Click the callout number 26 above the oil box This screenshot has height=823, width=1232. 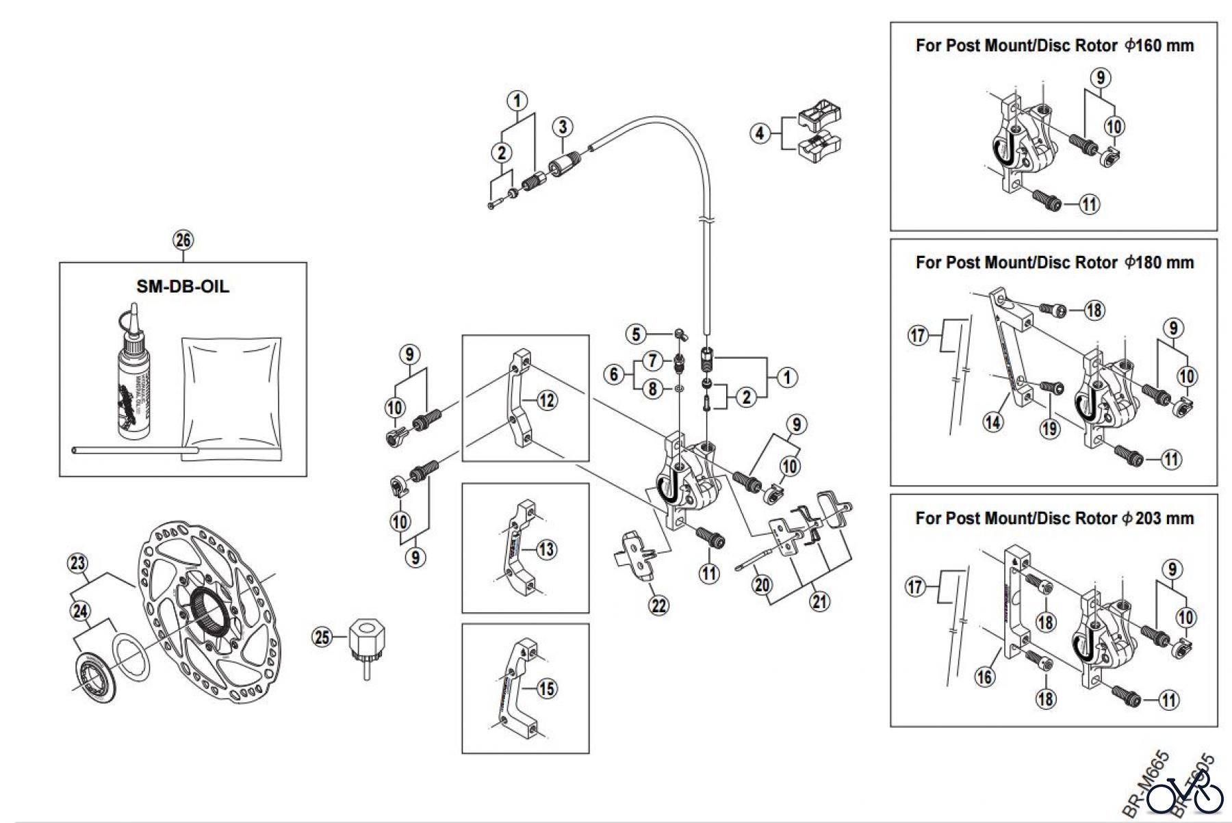tap(183, 240)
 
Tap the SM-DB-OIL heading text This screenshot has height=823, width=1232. tap(183, 286)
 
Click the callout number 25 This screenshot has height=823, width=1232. tap(321, 638)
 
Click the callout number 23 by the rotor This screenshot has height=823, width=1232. tap(78, 564)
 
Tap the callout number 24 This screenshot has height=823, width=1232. tap(81, 610)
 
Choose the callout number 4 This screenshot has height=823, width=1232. tap(760, 133)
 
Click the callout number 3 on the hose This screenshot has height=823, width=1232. tap(563, 127)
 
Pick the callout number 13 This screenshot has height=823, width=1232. tap(546, 549)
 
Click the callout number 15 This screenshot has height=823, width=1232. tap(546, 688)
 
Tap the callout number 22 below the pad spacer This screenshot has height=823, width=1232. tap(659, 605)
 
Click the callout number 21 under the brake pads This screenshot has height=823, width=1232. tap(819, 601)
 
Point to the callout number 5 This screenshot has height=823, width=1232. tap(637, 334)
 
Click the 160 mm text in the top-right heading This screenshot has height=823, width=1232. tap(1164, 46)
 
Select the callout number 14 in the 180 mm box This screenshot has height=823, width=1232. tap(992, 422)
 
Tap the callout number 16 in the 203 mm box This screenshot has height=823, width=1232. tap(984, 677)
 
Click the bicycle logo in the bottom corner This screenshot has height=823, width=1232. tap(1185, 795)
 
